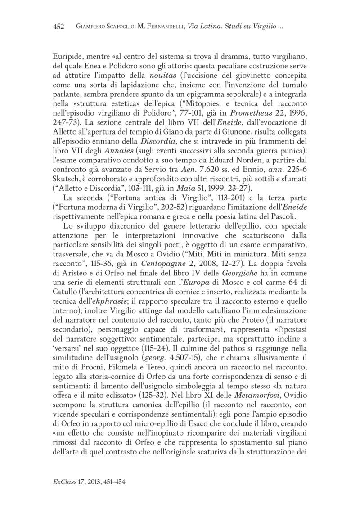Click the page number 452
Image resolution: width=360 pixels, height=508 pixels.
coord(59,27)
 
